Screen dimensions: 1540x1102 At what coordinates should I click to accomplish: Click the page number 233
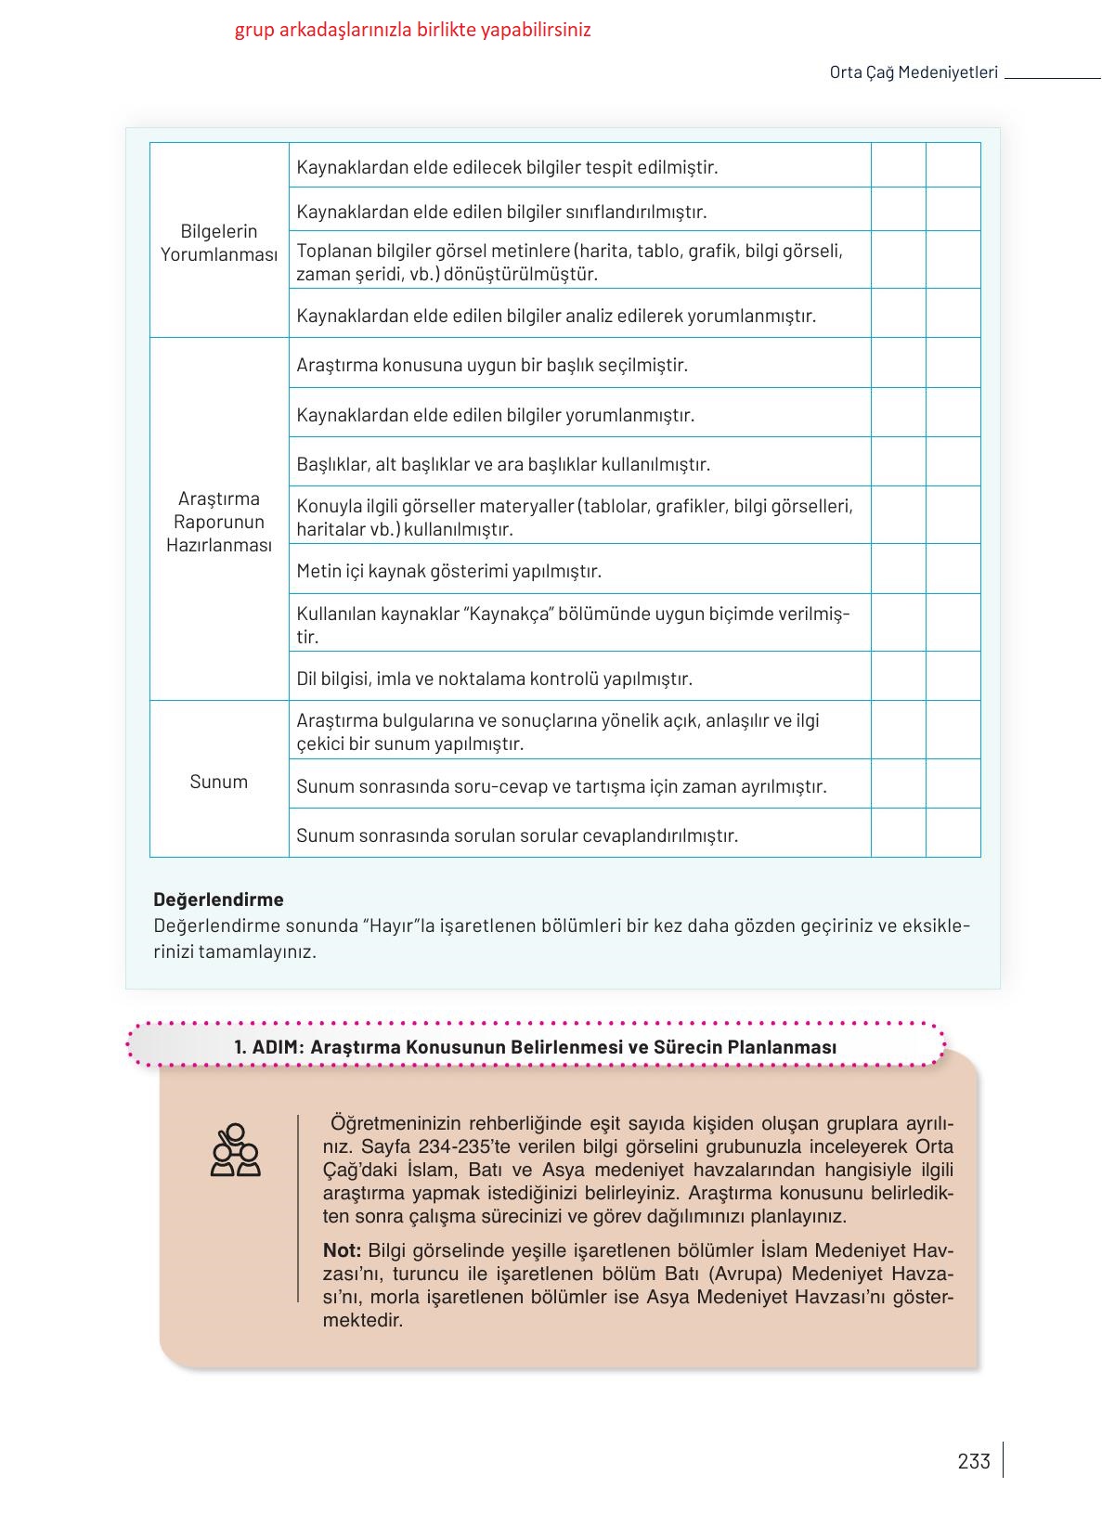click(x=973, y=1460)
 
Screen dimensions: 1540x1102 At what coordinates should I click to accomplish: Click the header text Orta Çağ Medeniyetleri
click(x=913, y=72)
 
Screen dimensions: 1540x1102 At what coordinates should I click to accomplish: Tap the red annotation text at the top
click(x=412, y=30)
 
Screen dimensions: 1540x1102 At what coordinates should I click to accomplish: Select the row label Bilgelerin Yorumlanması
click(x=218, y=242)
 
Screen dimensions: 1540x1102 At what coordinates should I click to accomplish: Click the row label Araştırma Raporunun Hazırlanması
click(x=218, y=521)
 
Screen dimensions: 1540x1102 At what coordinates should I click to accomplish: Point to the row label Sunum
click(x=218, y=781)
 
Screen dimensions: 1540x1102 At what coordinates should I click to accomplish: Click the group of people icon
click(x=235, y=1150)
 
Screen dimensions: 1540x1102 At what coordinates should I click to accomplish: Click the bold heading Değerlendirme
click(x=218, y=899)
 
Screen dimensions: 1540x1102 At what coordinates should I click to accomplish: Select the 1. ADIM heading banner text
click(x=535, y=1046)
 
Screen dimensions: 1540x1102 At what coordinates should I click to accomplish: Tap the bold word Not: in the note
click(x=342, y=1249)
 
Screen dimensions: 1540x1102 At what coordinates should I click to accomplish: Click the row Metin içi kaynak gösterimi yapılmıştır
click(x=448, y=571)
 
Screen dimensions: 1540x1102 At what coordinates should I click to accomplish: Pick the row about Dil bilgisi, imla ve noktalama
click(x=494, y=679)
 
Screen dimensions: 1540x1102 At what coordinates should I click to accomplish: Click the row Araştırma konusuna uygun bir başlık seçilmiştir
click(x=491, y=365)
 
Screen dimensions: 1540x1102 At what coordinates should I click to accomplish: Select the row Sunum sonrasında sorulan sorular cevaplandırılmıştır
click(x=516, y=835)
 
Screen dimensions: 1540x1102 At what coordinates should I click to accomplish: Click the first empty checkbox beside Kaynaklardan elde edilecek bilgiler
click(x=898, y=165)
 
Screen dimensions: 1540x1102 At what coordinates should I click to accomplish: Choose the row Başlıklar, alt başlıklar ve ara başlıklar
click(x=502, y=463)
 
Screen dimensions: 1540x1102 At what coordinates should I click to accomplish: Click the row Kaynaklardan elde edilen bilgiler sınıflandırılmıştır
click(x=501, y=212)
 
